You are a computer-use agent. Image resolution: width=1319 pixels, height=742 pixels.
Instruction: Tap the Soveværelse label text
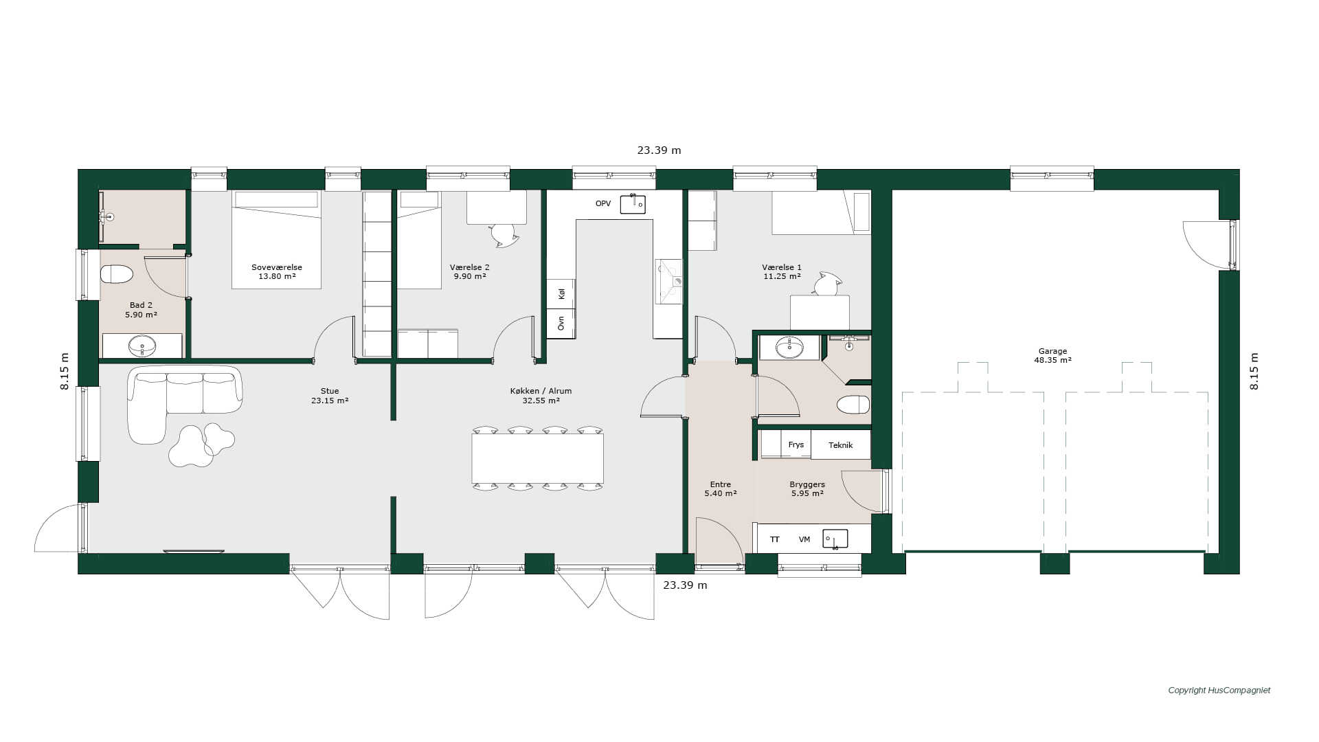[277, 267]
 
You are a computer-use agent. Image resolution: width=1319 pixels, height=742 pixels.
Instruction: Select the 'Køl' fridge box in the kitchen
[561, 293]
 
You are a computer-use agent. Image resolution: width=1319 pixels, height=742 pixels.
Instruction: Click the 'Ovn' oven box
[561, 324]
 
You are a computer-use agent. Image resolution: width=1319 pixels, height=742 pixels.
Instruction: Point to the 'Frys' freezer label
[796, 445]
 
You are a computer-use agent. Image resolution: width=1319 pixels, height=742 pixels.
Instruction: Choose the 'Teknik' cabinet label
[840, 445]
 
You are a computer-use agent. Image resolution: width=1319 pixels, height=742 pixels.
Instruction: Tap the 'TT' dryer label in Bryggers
[775, 539]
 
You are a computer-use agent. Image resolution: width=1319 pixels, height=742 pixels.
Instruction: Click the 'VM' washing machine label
[804, 539]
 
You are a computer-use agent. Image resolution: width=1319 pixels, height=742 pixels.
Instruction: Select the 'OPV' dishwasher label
[603, 203]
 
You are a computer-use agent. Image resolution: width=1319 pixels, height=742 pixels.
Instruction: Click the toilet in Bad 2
[116, 275]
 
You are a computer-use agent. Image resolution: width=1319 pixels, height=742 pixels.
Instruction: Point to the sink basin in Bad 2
[142, 346]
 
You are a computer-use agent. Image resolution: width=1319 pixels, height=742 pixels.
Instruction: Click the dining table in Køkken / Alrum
[537, 458]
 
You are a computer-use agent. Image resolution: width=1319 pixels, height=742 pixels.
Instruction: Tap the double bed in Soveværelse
[276, 239]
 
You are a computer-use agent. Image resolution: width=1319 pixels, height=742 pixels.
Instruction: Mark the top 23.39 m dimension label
[659, 150]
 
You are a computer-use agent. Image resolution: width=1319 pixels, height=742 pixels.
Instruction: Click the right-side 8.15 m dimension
[1254, 371]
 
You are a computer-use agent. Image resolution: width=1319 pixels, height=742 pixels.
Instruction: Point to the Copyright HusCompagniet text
[1219, 690]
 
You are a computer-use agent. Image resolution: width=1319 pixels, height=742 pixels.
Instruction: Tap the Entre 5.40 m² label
[721, 488]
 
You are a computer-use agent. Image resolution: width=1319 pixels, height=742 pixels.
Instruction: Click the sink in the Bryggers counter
[835, 539]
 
